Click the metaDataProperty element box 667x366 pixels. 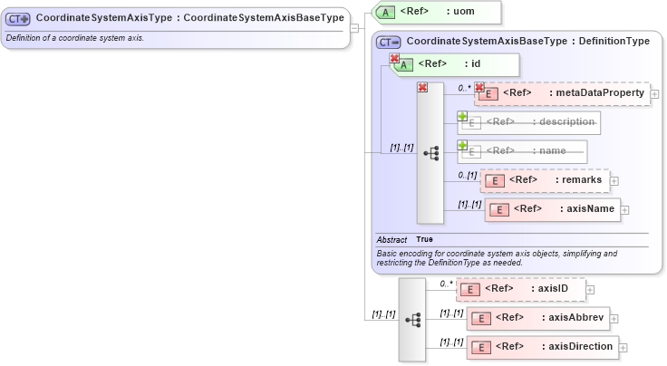(563, 93)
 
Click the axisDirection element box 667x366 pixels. (542, 347)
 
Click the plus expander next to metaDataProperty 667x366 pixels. (655, 93)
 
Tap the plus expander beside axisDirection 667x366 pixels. (623, 347)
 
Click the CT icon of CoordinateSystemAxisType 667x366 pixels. (18, 17)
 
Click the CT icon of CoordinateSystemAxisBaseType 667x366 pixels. (389, 42)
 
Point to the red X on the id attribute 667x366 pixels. (394, 59)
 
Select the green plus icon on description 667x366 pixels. (462, 117)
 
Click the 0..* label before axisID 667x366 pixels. (446, 284)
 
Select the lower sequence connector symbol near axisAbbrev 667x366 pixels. (412, 320)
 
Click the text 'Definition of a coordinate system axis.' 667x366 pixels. (75, 38)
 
